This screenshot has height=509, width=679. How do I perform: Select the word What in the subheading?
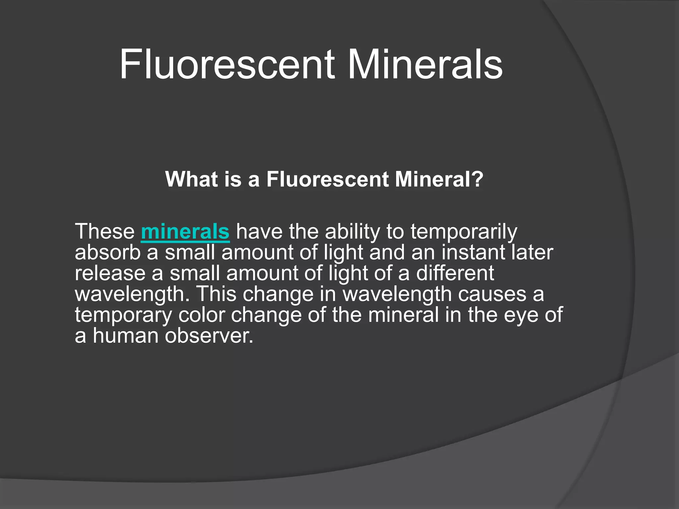[191, 179]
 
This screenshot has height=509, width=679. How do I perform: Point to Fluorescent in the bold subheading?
[327, 179]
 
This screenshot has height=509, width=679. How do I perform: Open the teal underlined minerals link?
[185, 231]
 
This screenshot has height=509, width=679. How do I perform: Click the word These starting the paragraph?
[105, 231]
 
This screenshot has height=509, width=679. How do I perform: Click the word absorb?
[108, 252]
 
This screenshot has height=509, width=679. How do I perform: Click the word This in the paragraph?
[217, 294]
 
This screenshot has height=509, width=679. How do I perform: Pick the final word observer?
[209, 335]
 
